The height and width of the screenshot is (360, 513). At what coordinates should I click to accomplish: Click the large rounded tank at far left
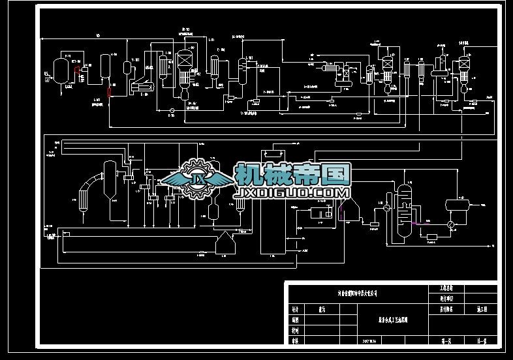[x=61, y=69]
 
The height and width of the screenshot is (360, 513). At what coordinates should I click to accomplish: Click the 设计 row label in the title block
[x=294, y=310]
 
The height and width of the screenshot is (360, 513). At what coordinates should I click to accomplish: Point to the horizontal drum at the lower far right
[x=458, y=205]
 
